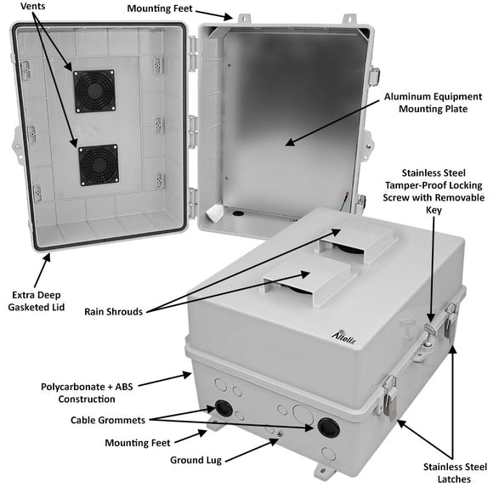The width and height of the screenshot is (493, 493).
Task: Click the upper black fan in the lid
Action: click(93, 88)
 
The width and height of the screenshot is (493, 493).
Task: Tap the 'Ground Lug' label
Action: click(195, 460)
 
